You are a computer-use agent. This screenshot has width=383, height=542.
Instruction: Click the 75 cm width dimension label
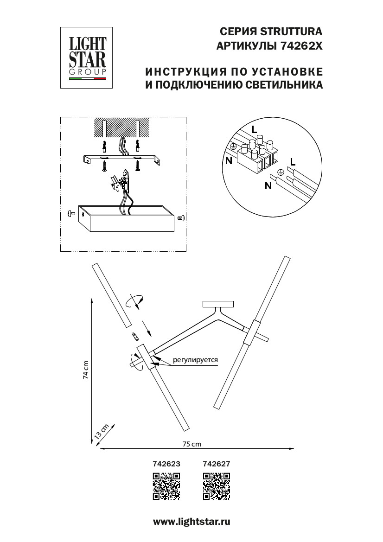tap(192, 444)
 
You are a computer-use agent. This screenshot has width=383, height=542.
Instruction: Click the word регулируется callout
tap(195, 359)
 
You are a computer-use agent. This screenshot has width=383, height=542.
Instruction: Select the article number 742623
tap(166, 463)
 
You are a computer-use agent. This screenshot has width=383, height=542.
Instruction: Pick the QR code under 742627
tap(217, 486)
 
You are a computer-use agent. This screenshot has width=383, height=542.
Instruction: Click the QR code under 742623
tap(166, 486)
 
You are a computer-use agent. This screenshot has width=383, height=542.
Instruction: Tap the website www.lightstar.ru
tap(191, 522)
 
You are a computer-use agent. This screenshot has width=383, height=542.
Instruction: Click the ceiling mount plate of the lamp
tap(217, 305)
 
